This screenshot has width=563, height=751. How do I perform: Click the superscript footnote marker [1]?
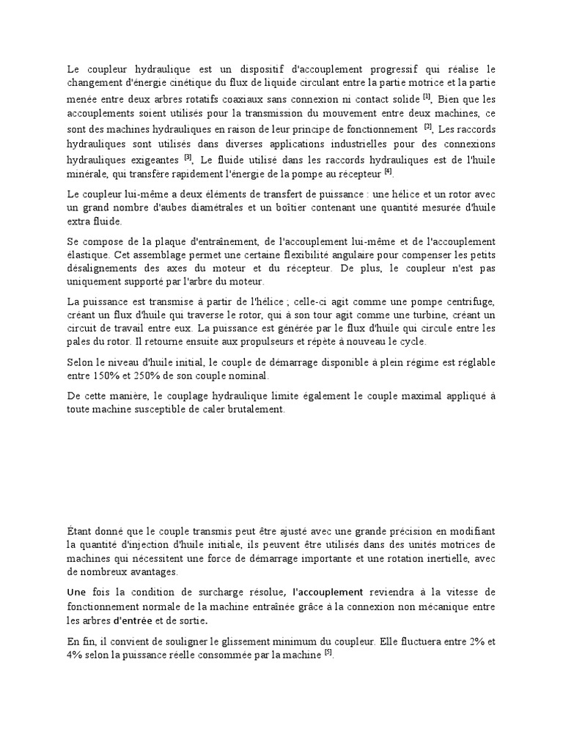(427, 95)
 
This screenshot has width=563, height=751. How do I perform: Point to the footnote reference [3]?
(188, 156)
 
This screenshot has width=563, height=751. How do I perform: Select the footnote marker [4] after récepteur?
(388, 172)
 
